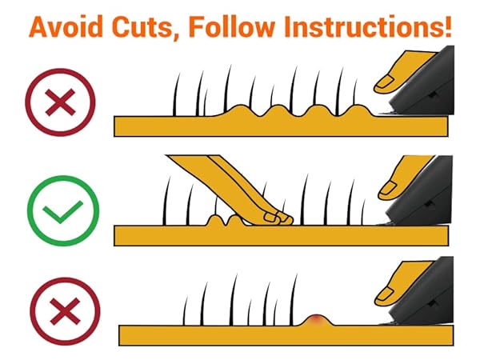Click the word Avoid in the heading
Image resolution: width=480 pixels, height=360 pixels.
pos(66,26)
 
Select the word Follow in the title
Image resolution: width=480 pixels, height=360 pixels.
pos(231,26)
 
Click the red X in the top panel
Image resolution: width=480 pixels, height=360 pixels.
pos(60,102)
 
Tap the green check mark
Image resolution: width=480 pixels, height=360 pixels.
pos(62,211)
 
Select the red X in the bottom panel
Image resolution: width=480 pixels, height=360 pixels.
pos(66,311)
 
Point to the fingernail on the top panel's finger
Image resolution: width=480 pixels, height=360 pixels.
pos(385,83)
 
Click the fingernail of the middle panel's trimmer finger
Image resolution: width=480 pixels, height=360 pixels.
pos(388,188)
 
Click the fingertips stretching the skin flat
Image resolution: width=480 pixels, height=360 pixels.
pos(277,218)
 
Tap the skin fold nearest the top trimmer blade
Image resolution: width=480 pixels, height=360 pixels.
pos(358,110)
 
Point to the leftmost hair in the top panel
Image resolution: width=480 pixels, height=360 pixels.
pos(176,95)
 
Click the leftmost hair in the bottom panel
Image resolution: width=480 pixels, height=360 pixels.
pos(186,310)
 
